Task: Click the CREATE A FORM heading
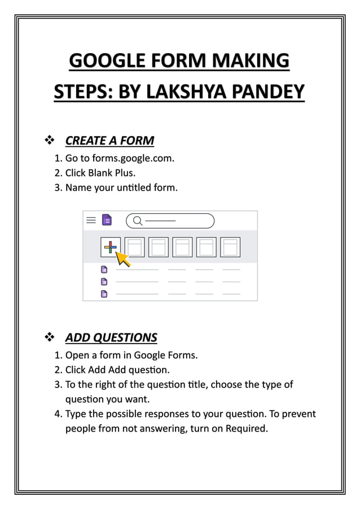coord(109,140)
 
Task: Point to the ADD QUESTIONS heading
coord(111,337)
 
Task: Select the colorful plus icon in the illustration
coord(111,247)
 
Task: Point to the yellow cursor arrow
coord(122,258)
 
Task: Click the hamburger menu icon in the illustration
coord(91,220)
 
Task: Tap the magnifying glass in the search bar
coord(137,221)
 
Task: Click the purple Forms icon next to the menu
coord(106,220)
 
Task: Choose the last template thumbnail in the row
coord(230,247)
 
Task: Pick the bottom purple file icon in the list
coord(104,293)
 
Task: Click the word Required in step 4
coord(245,428)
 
